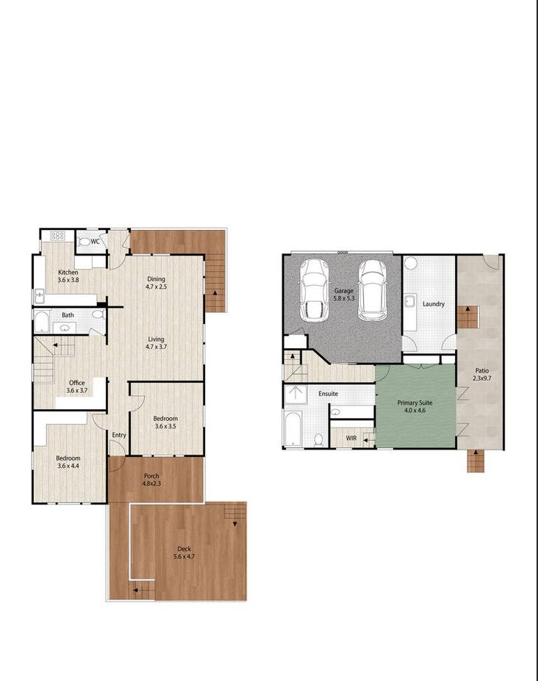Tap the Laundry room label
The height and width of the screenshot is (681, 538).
pyautogui.click(x=434, y=303)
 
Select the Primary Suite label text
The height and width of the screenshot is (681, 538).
pyautogui.click(x=415, y=407)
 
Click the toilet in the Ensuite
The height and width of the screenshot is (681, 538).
pyautogui.click(x=318, y=439)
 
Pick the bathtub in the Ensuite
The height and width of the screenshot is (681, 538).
pyautogui.click(x=293, y=430)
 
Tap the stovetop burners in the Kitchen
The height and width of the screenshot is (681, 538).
pyautogui.click(x=57, y=237)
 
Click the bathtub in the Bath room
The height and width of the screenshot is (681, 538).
pyautogui.click(x=42, y=323)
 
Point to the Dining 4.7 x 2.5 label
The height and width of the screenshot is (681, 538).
pyautogui.click(x=156, y=283)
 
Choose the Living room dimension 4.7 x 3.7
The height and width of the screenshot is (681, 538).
pyautogui.click(x=157, y=346)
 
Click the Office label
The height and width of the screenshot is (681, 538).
pyautogui.click(x=76, y=386)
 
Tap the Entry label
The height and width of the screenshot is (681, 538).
pyautogui.click(x=118, y=435)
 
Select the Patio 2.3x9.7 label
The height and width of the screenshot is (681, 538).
pyautogui.click(x=481, y=375)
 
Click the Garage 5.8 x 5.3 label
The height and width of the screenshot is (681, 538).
pyautogui.click(x=344, y=295)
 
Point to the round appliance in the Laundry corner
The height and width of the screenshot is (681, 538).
pyautogui.click(x=410, y=264)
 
